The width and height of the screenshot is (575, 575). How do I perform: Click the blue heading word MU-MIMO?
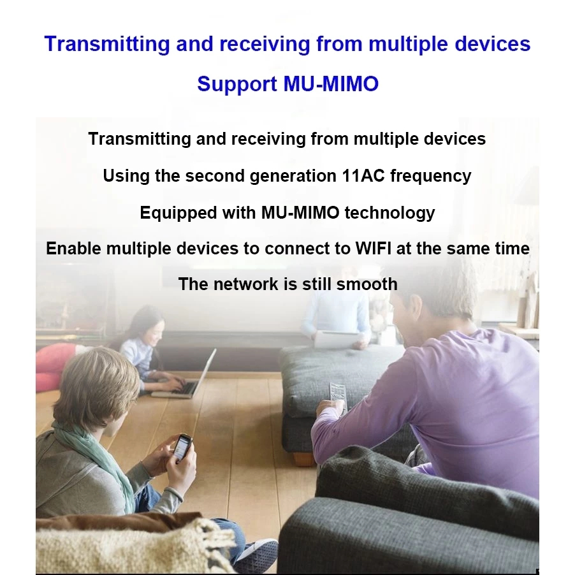pos(331,84)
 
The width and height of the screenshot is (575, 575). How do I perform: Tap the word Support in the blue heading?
pos(237,84)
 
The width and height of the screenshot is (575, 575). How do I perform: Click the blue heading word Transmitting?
pos(107,44)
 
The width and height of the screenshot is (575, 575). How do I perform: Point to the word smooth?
pos(367,284)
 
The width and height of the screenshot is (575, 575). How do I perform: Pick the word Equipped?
pos(178,213)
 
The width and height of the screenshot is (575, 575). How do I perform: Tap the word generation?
pos(293,176)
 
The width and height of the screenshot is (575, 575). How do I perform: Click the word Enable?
pos(73,248)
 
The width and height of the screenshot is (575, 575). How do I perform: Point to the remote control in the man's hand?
pos(338,397)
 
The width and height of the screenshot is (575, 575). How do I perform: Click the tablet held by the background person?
pos(334,340)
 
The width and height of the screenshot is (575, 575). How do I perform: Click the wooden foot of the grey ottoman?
pos(303,459)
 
